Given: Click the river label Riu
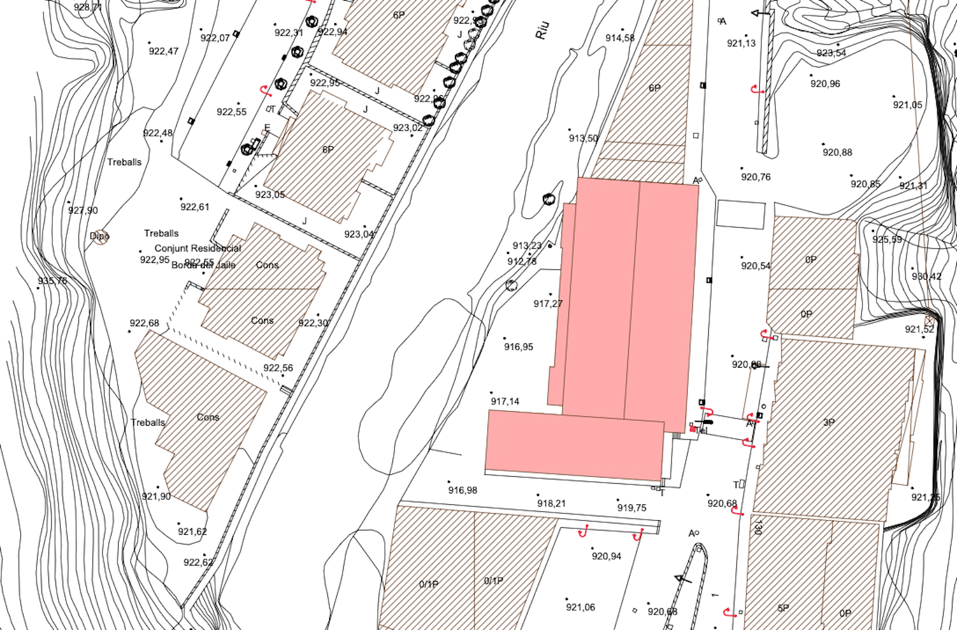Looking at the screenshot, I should (x=542, y=31).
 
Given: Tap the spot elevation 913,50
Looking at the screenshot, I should (x=583, y=138).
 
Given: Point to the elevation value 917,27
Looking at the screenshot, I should (x=548, y=304).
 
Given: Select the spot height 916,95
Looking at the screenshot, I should (x=519, y=347).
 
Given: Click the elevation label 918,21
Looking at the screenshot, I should (x=551, y=504).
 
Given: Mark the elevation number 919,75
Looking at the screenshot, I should (x=632, y=508).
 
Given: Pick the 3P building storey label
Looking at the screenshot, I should (x=829, y=423).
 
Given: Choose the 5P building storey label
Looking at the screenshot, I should (x=783, y=608).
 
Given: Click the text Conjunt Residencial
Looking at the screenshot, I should (x=198, y=248).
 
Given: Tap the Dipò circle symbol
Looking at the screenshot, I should (x=100, y=236).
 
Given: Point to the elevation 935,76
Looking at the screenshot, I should (x=52, y=281).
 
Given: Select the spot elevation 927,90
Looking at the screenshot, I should (x=83, y=211).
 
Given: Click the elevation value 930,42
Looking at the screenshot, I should (x=926, y=277).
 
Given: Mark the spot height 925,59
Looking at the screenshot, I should (x=887, y=240).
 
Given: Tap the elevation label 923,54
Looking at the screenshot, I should (x=831, y=53).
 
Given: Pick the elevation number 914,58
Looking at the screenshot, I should (x=620, y=38).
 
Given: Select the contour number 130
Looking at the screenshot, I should (x=758, y=527).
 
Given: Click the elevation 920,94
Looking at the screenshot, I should (x=606, y=557).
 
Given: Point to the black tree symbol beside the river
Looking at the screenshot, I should (x=549, y=200).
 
